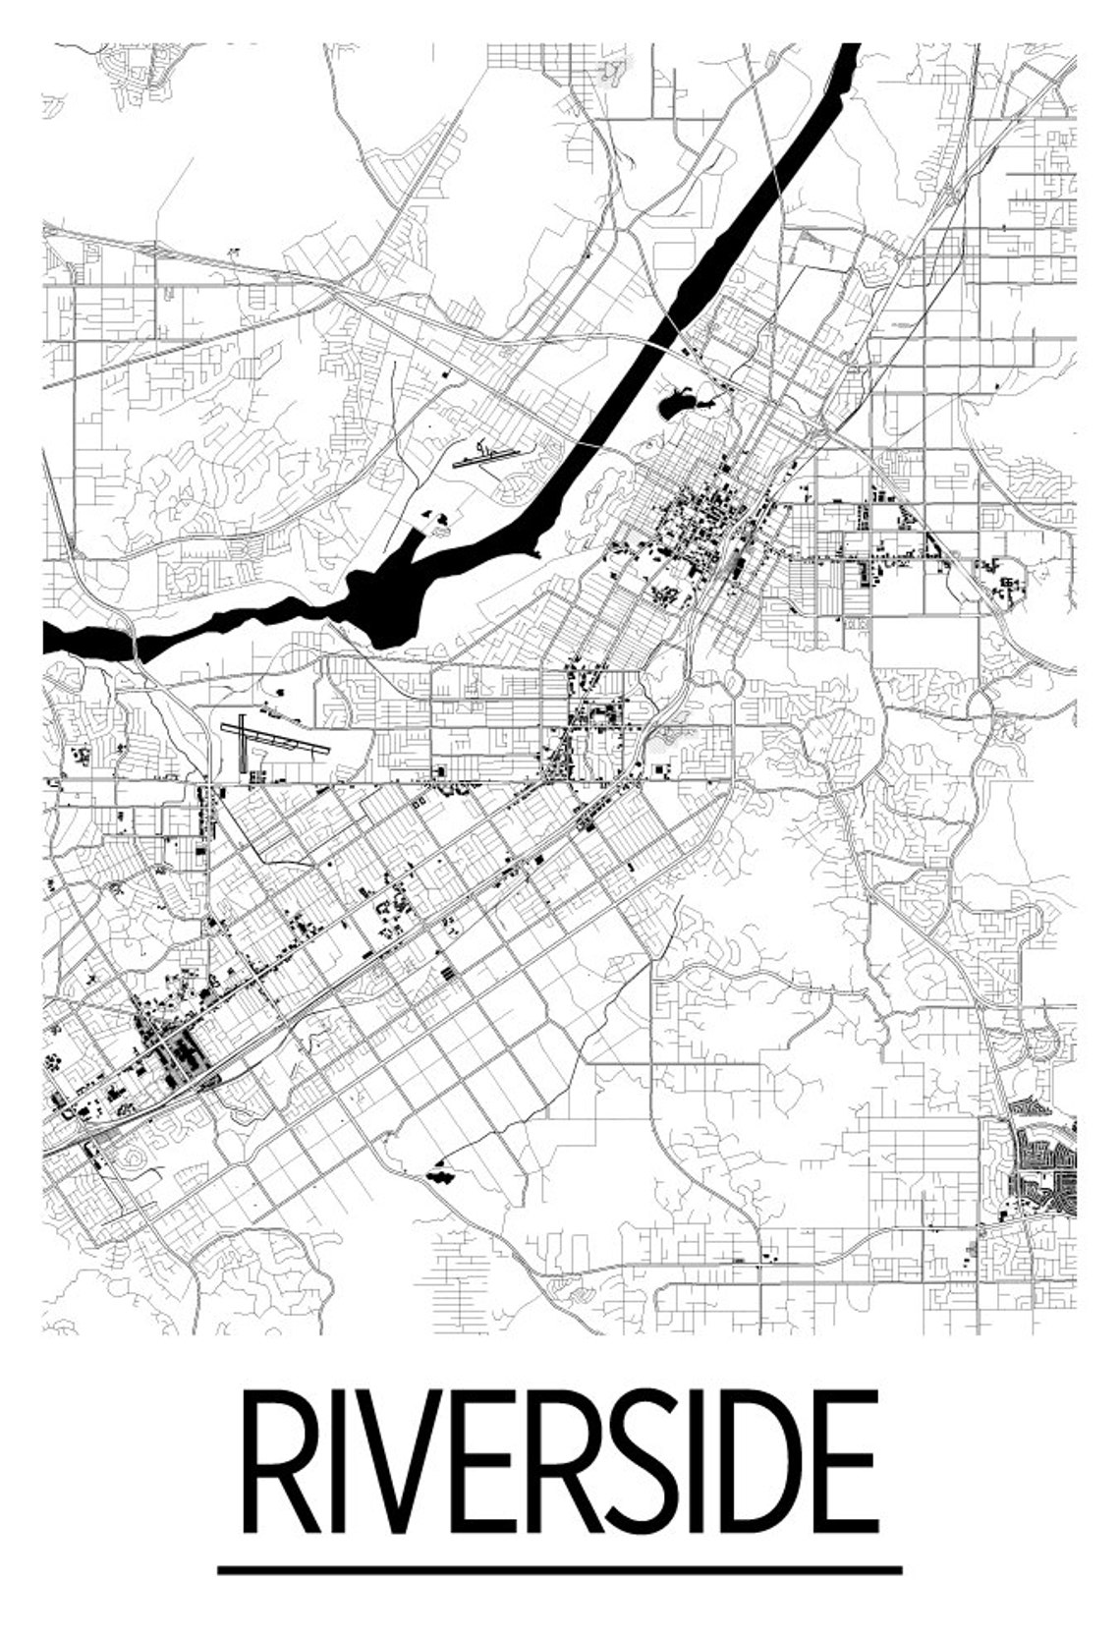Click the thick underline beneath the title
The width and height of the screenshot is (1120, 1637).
click(559, 1569)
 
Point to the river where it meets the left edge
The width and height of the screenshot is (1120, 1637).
click(51, 639)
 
